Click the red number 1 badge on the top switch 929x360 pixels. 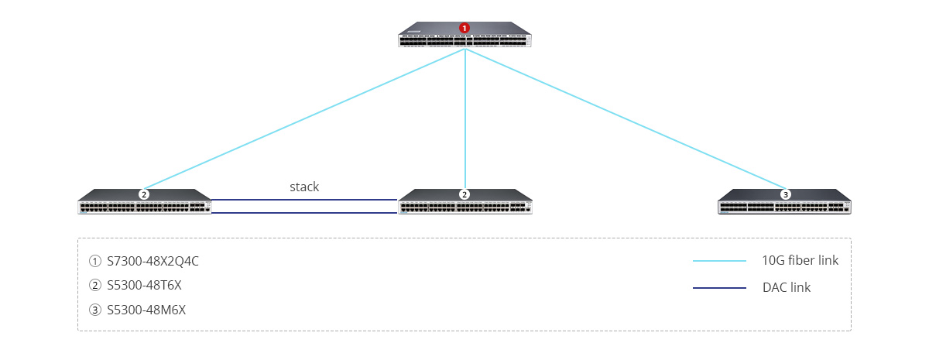(x=464, y=28)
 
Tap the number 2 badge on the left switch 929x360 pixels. (x=144, y=194)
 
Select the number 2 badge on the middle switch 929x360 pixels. (x=464, y=194)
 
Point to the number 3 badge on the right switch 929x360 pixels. (x=786, y=194)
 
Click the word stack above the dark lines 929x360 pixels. (x=304, y=187)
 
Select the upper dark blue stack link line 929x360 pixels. (x=304, y=200)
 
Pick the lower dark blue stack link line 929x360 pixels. (x=304, y=212)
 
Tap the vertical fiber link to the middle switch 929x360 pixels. (x=464, y=116)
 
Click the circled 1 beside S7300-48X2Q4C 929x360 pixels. (x=95, y=261)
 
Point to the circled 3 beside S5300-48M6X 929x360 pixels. (x=95, y=310)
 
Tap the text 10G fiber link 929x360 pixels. (x=800, y=260)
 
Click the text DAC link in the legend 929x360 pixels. (x=786, y=287)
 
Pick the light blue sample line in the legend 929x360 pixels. (x=719, y=261)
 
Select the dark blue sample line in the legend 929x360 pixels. (x=719, y=288)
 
